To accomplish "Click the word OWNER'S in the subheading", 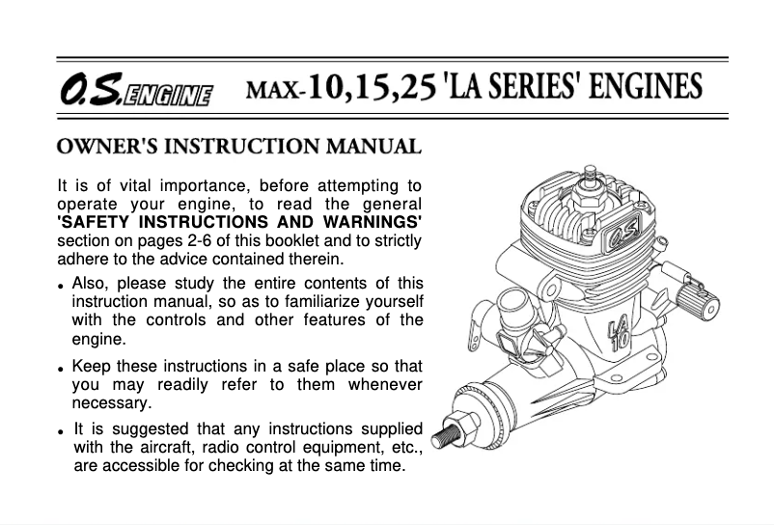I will [x=97, y=148].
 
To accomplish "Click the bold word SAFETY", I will [x=95, y=223].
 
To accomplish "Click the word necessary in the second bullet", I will [x=112, y=403].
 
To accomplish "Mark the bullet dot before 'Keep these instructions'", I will [x=61, y=370].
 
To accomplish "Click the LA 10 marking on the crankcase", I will [x=619, y=333].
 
